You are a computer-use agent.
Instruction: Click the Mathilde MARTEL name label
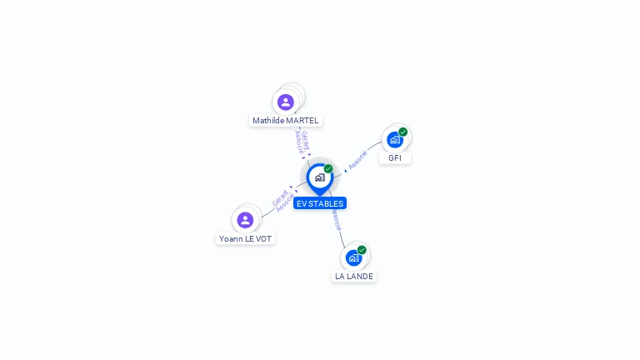point(286,121)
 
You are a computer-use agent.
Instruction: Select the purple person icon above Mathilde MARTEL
point(286,102)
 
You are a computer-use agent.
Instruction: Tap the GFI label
point(395,157)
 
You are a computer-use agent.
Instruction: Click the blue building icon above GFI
point(394,139)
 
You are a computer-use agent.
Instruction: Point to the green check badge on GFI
point(403,132)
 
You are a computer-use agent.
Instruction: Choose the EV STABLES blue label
point(320,203)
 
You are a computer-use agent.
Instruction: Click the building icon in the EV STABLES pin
point(319,177)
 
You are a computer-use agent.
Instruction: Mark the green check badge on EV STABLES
point(328,169)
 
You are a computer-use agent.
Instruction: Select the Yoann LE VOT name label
point(245,239)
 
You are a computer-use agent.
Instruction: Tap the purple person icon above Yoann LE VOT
point(245,220)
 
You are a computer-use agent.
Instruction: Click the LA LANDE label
point(354,276)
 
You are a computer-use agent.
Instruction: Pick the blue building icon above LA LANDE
point(353,257)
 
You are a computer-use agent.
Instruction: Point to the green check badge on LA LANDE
point(362,250)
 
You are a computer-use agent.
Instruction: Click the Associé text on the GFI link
point(357,160)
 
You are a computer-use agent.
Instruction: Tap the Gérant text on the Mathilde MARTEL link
point(306,139)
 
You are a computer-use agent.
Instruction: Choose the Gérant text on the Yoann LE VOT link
point(279,197)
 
